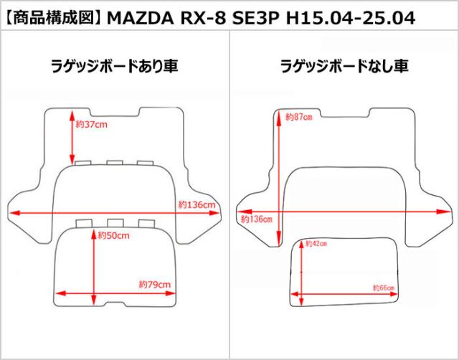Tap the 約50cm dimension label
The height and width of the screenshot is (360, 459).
tap(114, 235)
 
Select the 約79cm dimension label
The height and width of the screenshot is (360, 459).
tap(154, 285)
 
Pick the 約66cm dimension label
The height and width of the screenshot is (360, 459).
tap(384, 288)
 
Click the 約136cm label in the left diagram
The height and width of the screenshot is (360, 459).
tap(197, 205)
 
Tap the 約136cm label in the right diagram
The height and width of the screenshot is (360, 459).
tap(256, 219)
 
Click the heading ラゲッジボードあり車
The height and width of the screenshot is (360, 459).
tap(115, 67)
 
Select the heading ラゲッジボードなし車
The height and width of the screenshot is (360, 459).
tap(344, 67)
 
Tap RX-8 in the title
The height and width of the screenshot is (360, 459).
tap(200, 14)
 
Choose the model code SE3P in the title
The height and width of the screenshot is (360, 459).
tap(256, 14)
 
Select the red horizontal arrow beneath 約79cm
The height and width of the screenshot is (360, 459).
tap(115, 293)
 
